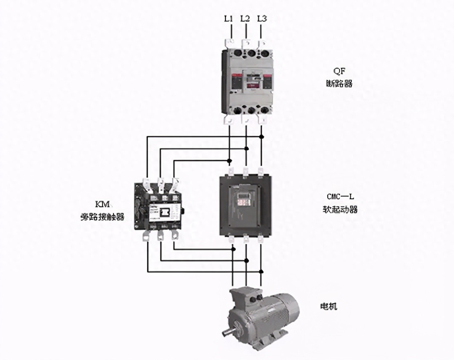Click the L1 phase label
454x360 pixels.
[x=228, y=19]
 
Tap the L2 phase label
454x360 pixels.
[x=245, y=19]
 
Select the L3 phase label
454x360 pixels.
[x=262, y=19]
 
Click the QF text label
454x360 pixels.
[x=339, y=71]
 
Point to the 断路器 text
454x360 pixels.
[x=339, y=83]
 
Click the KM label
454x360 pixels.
[x=102, y=204]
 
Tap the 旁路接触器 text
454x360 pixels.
[x=102, y=217]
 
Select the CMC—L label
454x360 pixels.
[x=340, y=196]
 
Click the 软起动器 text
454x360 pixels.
[x=340, y=209]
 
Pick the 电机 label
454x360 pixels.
[x=329, y=306]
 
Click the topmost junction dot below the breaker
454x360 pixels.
[x=261, y=136]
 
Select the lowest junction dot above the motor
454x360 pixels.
[x=261, y=271]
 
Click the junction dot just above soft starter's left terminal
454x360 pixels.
[x=229, y=160]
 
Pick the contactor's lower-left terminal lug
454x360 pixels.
[x=147, y=235]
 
